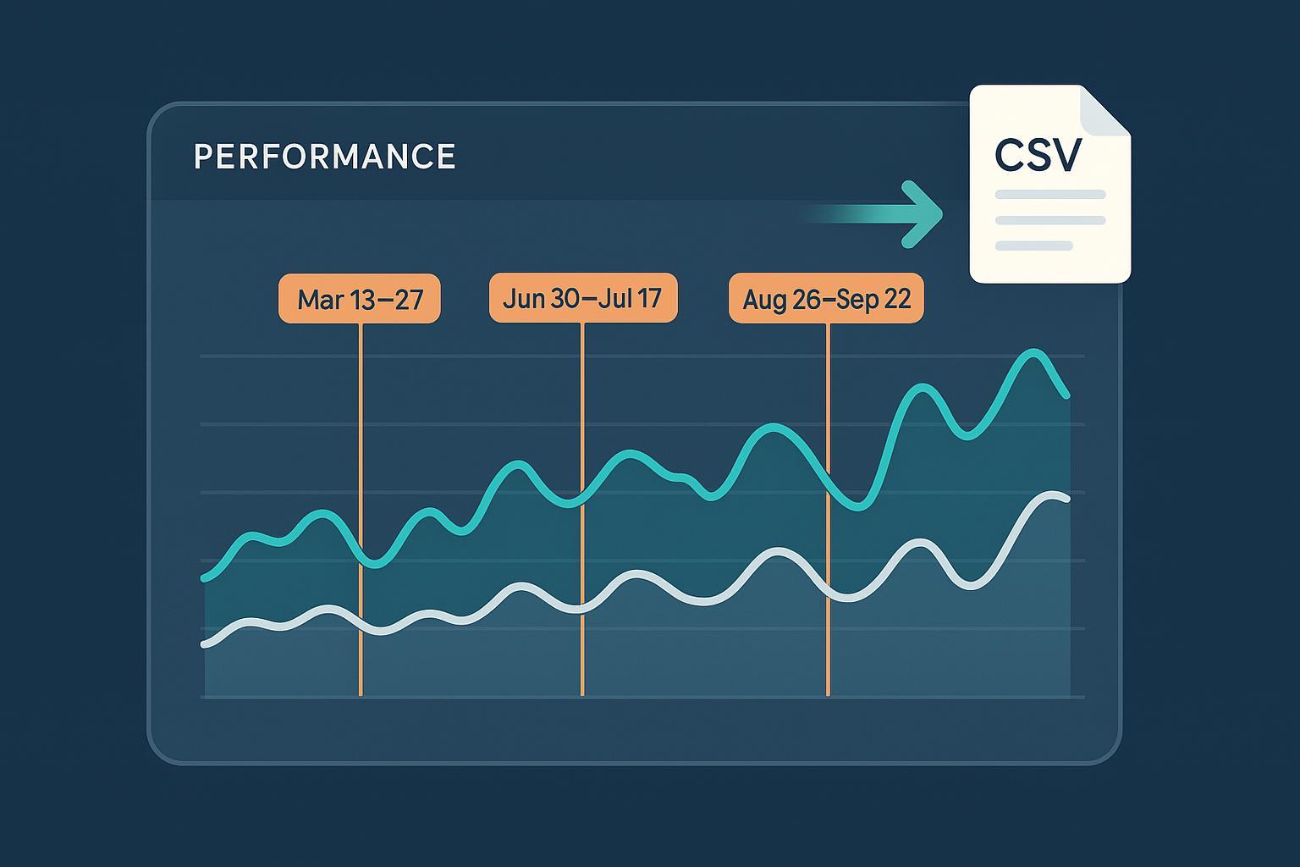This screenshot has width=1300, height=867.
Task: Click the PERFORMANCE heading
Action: pos(325,157)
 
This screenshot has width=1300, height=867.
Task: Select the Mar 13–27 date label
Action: pos(360,299)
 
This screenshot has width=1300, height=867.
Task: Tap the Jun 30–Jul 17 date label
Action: pos(583,298)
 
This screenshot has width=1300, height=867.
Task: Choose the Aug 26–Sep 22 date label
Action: pos(826,299)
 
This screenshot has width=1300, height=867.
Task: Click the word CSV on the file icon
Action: pos(1038,154)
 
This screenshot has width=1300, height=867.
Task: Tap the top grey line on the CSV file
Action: pos(1050,195)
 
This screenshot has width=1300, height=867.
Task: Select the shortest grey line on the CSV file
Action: pos(1034,246)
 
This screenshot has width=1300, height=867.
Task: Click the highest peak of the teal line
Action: pos(1033,352)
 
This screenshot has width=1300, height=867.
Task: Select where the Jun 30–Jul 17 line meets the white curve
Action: pos(582,607)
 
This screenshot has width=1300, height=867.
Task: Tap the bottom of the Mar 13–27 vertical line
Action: pos(361,693)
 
